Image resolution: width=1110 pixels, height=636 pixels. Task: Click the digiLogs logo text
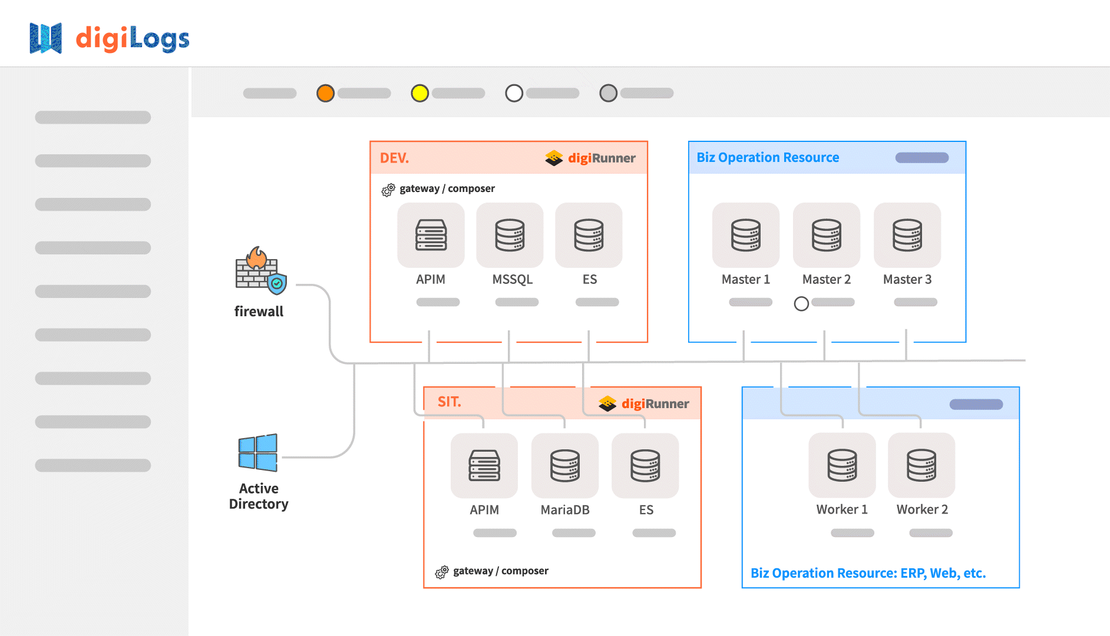[133, 39]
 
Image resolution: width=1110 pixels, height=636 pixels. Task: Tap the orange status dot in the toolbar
[325, 93]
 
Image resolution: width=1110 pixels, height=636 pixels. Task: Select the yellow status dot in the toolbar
[419, 93]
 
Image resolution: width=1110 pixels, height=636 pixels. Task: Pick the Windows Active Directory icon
[258, 453]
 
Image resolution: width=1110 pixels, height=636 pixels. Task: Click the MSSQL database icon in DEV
[510, 235]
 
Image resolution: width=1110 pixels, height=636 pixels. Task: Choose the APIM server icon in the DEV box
[431, 235]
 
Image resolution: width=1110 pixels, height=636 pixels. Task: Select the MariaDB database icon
[565, 466]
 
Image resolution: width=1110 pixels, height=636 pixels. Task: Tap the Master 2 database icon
[826, 235]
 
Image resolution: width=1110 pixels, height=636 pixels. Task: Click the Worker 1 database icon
[842, 465]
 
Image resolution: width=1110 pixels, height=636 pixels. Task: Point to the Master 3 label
[907, 280]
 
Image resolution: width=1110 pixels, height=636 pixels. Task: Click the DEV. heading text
[394, 158]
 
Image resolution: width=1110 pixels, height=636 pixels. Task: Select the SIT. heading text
[449, 402]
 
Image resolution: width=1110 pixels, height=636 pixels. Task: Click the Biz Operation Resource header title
[768, 157]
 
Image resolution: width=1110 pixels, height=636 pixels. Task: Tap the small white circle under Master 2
[801, 304]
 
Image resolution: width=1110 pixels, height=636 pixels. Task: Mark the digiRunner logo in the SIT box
[643, 403]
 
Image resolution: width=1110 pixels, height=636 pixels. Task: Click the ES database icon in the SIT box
[645, 466]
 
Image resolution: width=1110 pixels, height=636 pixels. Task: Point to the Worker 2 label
[922, 509]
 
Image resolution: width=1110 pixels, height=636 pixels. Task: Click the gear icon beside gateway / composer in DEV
[388, 190]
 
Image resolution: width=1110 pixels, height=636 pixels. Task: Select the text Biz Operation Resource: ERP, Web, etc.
[868, 573]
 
